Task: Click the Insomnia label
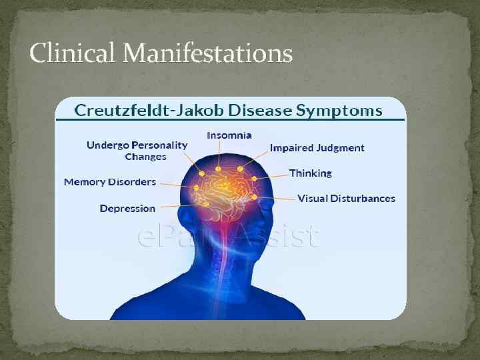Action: (229, 135)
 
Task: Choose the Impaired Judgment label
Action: (317, 148)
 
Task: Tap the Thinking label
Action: (310, 173)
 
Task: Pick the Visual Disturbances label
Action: (346, 198)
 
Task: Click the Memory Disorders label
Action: (110, 181)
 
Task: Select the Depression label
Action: (127, 209)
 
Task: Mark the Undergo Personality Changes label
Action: (137, 151)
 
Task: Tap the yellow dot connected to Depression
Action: (207, 203)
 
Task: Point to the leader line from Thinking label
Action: (273, 177)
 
